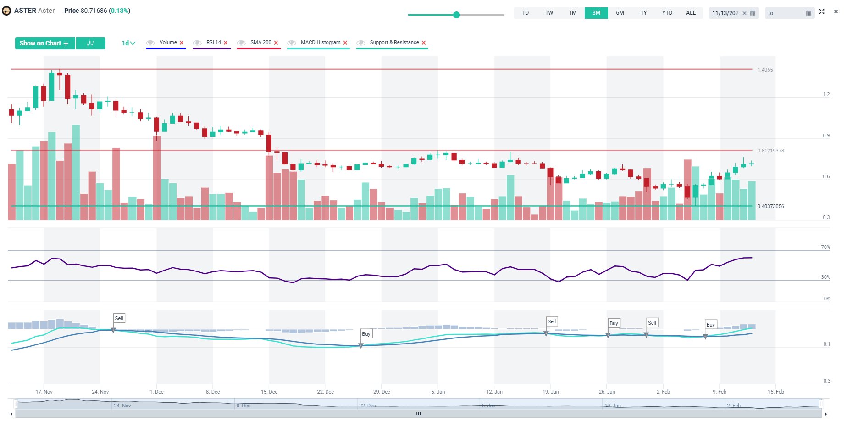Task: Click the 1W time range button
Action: [549, 13]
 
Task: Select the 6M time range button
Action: [620, 13]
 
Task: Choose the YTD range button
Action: [667, 13]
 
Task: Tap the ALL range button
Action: [691, 13]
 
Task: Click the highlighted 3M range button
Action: [596, 13]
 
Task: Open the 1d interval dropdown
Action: [128, 43]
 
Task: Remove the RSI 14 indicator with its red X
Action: [226, 43]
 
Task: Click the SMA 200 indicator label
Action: [260, 42]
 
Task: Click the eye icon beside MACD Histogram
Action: [292, 43]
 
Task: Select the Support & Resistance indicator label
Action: [394, 42]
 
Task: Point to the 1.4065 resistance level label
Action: [765, 70]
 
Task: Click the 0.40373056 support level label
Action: [770, 206]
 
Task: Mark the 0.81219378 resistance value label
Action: [770, 151]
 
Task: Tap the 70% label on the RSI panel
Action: [825, 247]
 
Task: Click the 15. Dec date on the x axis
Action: [269, 392]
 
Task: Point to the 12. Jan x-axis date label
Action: [494, 392]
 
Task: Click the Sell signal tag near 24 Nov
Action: [119, 318]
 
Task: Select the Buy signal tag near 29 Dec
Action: [366, 334]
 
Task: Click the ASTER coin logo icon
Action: [6, 11]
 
